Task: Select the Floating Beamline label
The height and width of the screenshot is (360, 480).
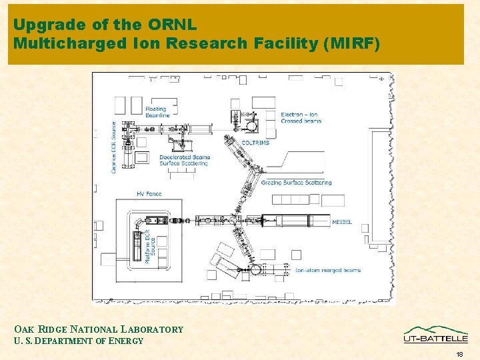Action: point(158,111)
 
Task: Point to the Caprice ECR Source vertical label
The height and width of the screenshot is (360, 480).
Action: point(114,147)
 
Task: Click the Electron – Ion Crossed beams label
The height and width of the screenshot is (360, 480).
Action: point(301,118)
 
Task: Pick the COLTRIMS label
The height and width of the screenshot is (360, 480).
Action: point(255,143)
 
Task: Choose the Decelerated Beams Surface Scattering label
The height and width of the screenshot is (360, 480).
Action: point(185,160)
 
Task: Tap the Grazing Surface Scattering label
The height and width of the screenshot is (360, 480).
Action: point(296,182)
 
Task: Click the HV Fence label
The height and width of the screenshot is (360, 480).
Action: point(149,194)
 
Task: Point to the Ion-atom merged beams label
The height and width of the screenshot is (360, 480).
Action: point(327,270)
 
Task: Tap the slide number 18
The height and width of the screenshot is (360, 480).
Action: point(460,354)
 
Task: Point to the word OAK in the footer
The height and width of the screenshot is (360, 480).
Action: point(23,329)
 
